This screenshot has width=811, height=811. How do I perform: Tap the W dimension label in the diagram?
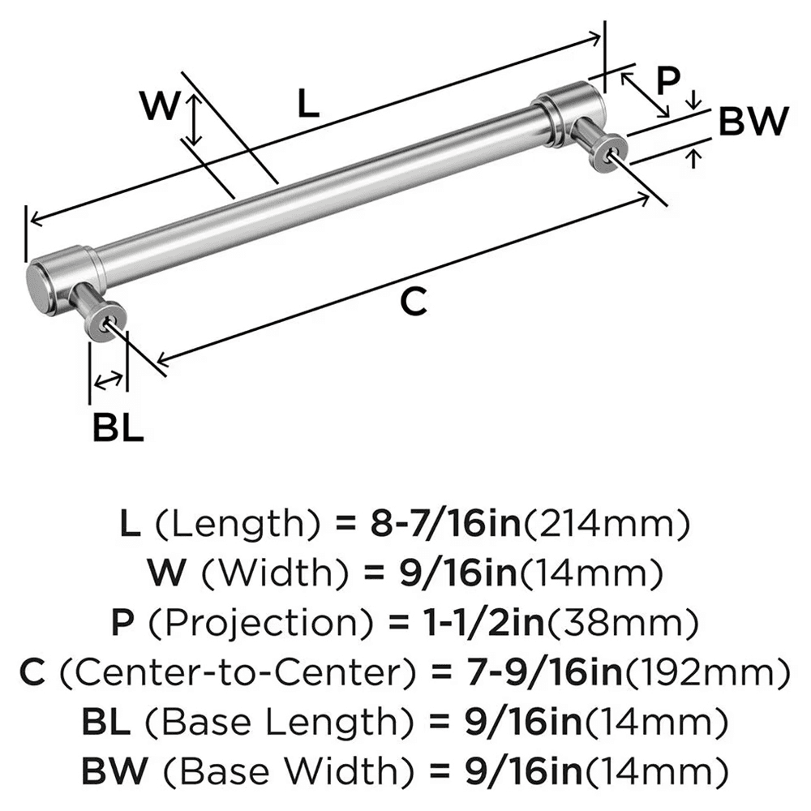(160, 106)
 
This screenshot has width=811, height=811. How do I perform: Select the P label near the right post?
(667, 80)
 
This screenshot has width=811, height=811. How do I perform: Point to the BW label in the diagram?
(753, 122)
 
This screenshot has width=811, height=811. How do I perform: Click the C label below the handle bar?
(414, 303)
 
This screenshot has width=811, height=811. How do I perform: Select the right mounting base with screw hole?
(610, 153)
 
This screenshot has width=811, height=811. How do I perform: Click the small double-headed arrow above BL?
(109, 379)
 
